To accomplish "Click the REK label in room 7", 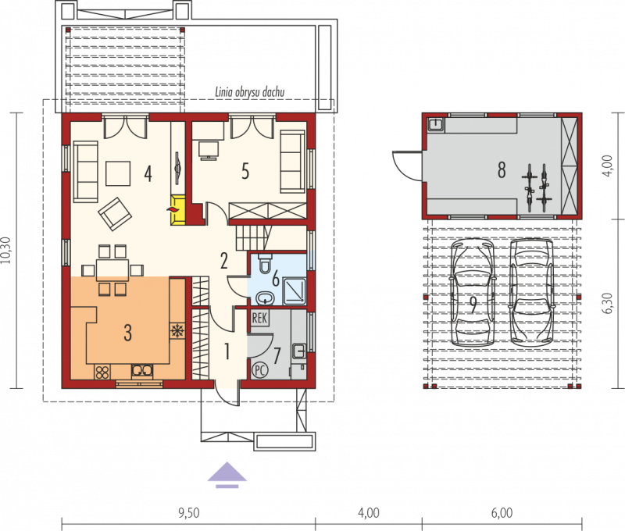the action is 259,319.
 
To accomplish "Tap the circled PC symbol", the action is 259,370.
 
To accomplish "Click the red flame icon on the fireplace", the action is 173,210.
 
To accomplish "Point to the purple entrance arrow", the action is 227,475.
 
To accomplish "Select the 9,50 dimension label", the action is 189,513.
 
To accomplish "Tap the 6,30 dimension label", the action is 609,303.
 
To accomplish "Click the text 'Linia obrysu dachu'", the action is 250,92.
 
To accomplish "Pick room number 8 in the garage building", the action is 502,169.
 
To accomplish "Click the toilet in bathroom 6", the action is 265,263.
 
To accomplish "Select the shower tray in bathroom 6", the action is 294,291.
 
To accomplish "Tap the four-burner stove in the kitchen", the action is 102,372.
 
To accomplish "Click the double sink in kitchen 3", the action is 142,370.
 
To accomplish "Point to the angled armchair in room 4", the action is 115,214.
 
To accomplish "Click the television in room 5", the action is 209,151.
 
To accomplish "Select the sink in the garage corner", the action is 436,124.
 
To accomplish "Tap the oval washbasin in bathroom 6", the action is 264,298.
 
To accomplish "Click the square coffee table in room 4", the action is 118,173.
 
